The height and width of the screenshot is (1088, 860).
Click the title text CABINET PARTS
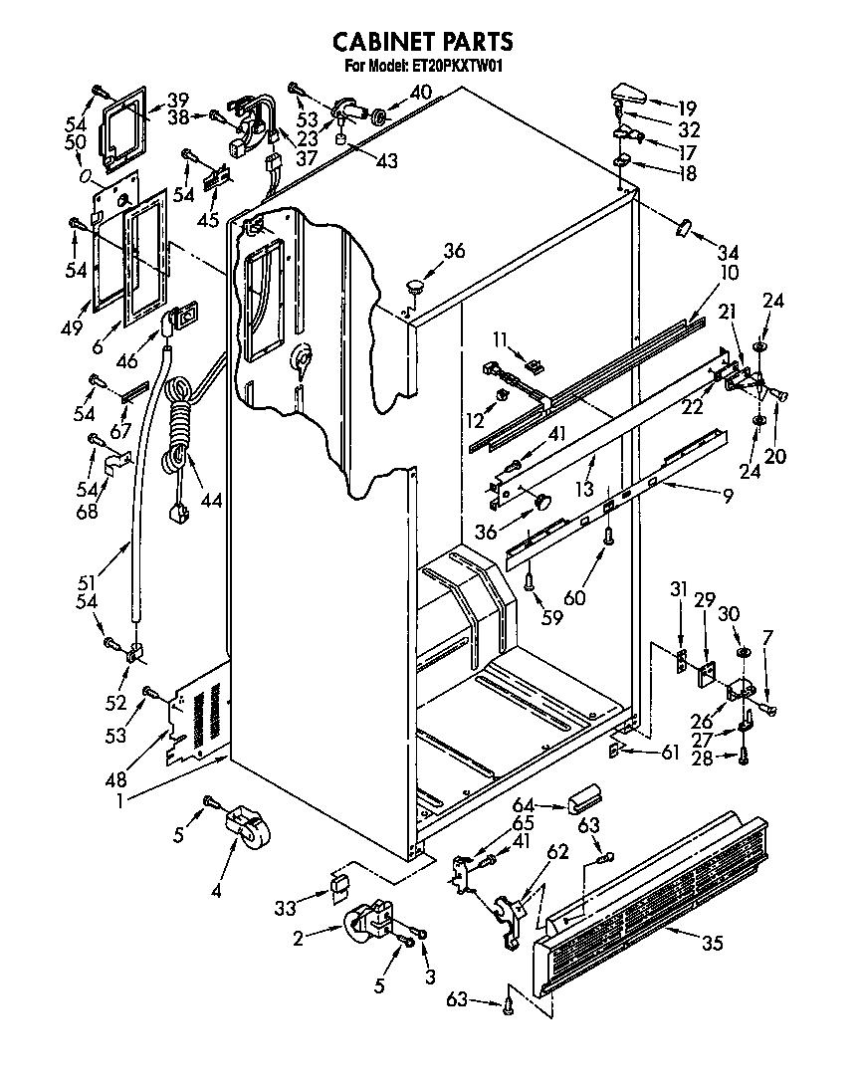coord(422,41)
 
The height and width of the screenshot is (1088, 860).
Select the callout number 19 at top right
coord(687,109)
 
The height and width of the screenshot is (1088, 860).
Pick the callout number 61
coord(669,753)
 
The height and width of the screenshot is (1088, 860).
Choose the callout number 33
coord(287,907)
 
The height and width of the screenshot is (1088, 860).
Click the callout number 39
coord(177,100)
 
